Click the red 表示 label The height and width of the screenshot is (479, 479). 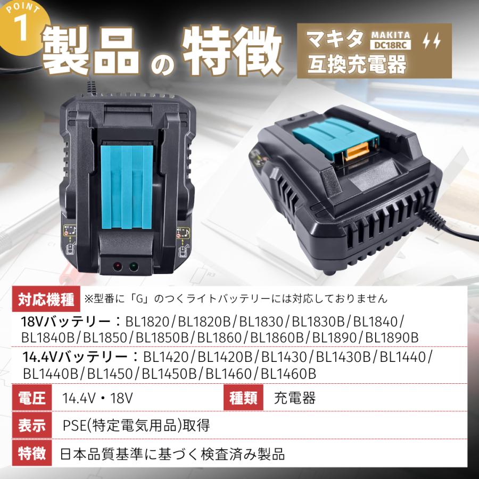pyautogui.click(x=32, y=426)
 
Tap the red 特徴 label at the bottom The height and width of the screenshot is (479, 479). pyautogui.click(x=32, y=454)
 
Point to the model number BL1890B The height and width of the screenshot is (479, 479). pyautogui.click(x=392, y=337)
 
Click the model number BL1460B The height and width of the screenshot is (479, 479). pyautogui.click(x=288, y=374)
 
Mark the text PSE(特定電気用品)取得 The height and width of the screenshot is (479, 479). pyautogui.click(x=136, y=426)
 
